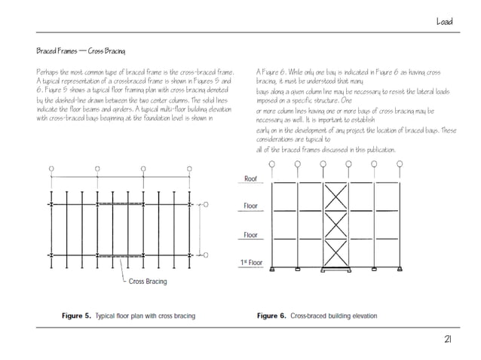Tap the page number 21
coord(447,340)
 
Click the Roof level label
coord(250,179)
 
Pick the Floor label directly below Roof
coord(250,206)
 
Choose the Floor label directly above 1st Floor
coord(250,236)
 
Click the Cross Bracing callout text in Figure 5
coord(148,282)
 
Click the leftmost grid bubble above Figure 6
coord(273,165)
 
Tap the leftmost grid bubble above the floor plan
coord(51,169)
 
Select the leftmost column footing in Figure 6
coord(273,270)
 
